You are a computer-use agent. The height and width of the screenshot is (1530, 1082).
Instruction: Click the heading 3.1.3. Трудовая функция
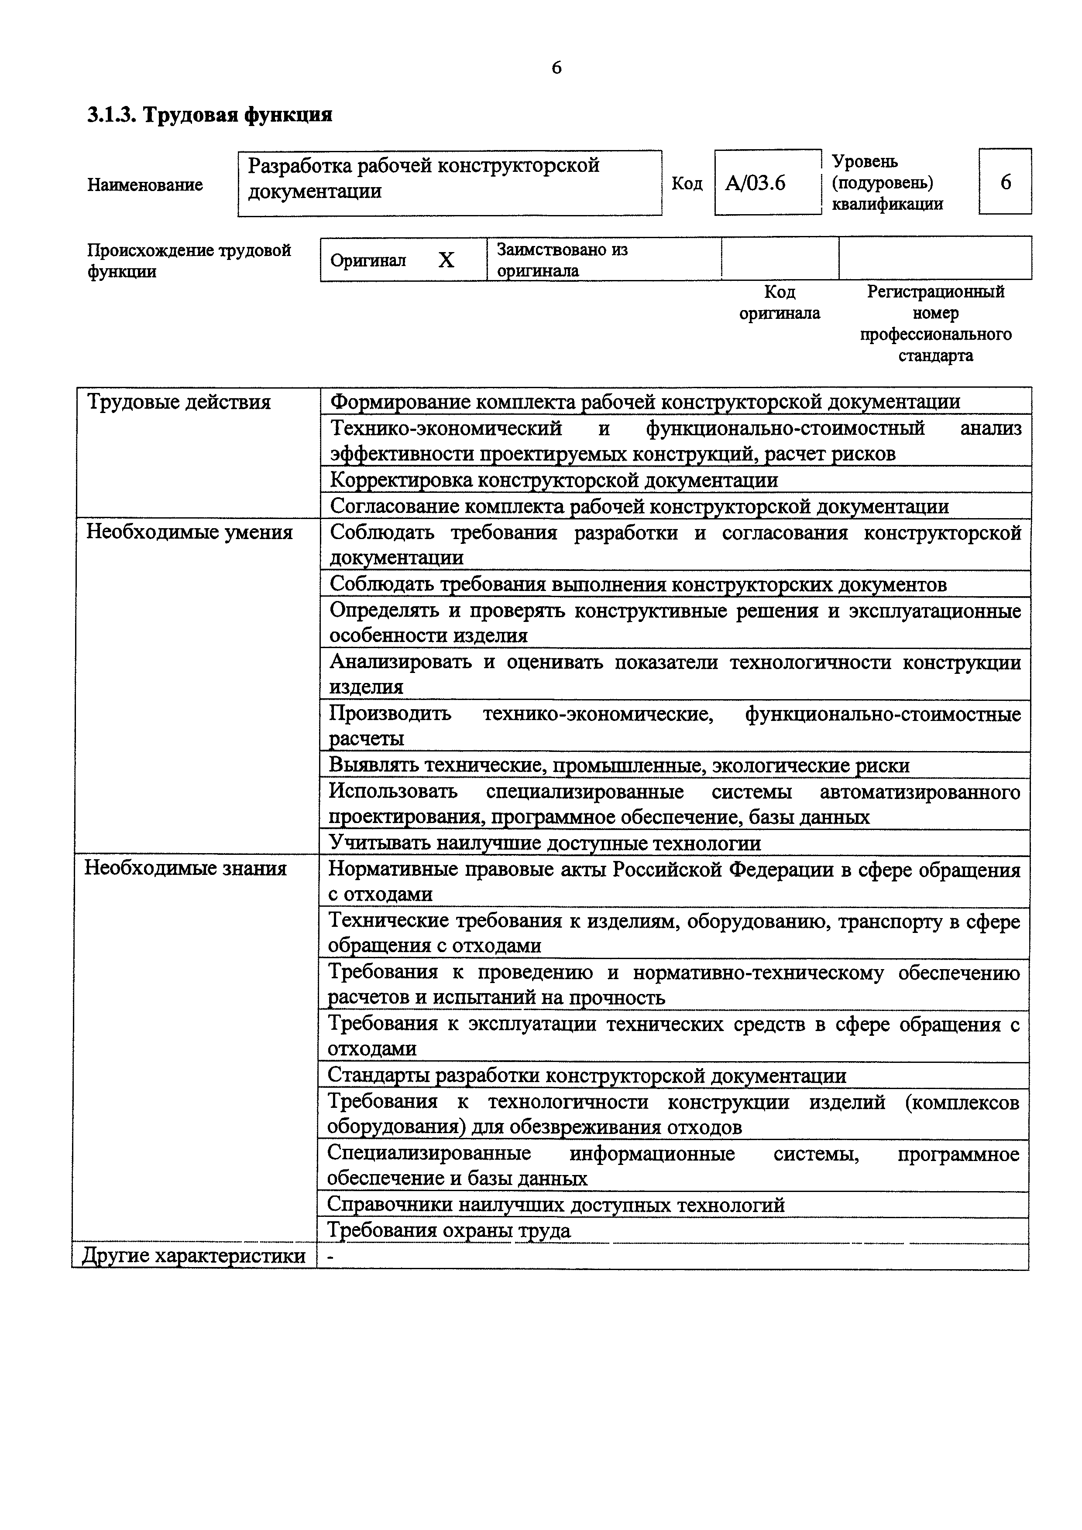tap(210, 115)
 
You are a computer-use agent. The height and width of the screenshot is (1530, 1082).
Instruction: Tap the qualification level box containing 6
tap(1005, 182)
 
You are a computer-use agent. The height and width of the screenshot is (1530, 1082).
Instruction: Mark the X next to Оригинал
tap(446, 260)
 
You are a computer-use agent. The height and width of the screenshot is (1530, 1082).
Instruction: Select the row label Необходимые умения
tap(189, 533)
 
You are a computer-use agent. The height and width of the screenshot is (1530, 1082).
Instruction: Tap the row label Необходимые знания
tap(185, 869)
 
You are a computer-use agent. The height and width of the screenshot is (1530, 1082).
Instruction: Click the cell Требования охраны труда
tap(449, 1230)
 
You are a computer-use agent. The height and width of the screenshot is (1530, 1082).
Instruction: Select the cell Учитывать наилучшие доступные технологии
tap(545, 844)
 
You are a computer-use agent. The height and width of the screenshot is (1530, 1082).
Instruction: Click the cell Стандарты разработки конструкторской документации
tap(587, 1076)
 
